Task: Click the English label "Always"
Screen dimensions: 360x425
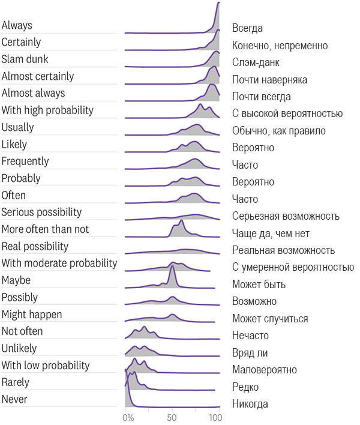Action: [x=17, y=25]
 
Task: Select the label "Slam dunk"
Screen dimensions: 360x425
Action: [x=25, y=59]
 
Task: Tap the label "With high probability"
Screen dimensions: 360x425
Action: [x=47, y=110]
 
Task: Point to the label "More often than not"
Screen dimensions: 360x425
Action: [x=45, y=229]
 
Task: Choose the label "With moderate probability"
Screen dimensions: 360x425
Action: [x=59, y=263]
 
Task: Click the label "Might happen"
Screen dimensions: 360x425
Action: [x=32, y=315]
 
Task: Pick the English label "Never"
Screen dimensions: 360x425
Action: [x=14, y=399]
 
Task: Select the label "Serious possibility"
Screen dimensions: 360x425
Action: [x=41, y=212]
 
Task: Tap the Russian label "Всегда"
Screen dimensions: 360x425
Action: [x=247, y=28]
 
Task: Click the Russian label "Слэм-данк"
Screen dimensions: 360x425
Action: [x=256, y=62]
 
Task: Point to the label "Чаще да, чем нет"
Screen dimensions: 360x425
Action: [x=271, y=234]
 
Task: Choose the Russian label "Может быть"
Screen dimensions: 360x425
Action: [x=259, y=285]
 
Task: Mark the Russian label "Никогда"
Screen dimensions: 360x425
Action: [x=250, y=404]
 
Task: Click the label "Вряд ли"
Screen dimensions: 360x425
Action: [x=250, y=352]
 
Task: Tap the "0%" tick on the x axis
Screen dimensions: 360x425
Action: [x=128, y=418]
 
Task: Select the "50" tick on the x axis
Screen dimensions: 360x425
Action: [x=172, y=418]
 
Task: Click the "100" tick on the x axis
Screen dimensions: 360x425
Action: [x=216, y=418]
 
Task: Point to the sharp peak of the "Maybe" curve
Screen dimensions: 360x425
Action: [x=172, y=267]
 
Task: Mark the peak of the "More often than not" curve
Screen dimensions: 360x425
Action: [x=181, y=220]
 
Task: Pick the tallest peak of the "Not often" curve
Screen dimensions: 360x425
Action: [x=144, y=327]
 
